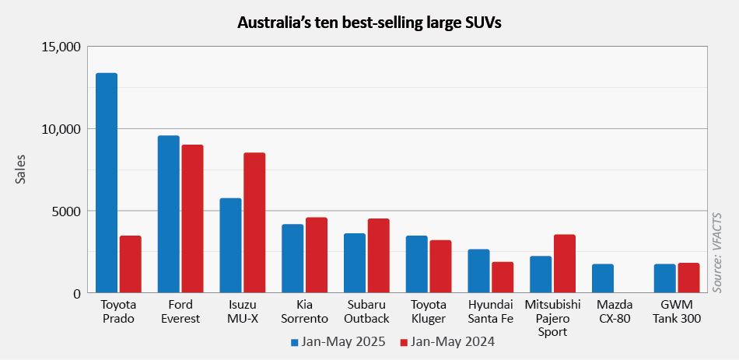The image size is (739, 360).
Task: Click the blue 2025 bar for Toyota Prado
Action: click(107, 183)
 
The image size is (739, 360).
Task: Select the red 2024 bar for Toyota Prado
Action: click(130, 264)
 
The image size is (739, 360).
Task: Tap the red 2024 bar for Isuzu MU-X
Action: click(254, 223)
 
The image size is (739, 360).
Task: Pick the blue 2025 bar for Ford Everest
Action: click(169, 215)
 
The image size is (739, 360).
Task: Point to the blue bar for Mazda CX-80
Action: click(603, 278)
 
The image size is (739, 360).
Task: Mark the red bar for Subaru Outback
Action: click(379, 256)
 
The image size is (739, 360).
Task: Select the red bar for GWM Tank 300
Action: click(688, 278)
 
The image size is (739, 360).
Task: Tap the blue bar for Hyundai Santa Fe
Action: click(478, 271)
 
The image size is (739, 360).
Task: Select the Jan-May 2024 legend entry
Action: click(447, 341)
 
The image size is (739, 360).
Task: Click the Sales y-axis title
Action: click(20, 170)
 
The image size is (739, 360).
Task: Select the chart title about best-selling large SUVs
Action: click(369, 23)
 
